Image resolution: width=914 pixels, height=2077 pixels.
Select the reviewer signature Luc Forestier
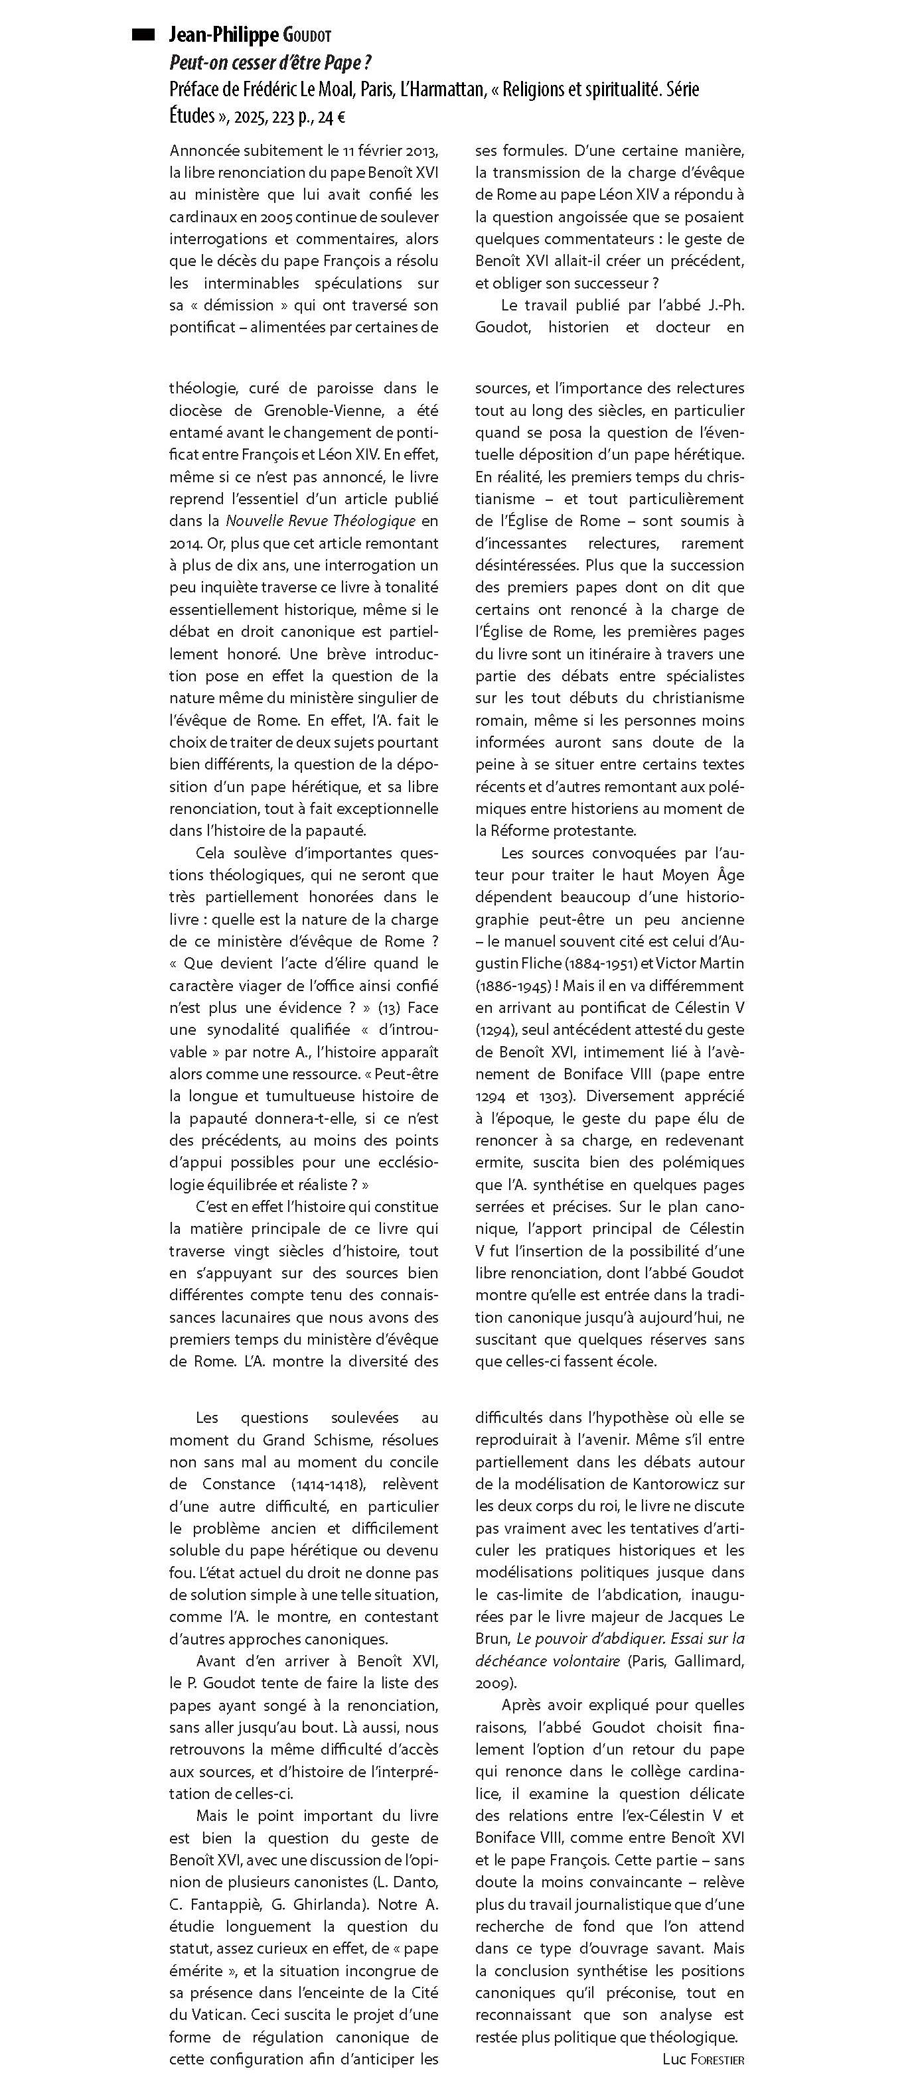click(703, 2059)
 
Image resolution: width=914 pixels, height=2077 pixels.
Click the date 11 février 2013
click(388, 150)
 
